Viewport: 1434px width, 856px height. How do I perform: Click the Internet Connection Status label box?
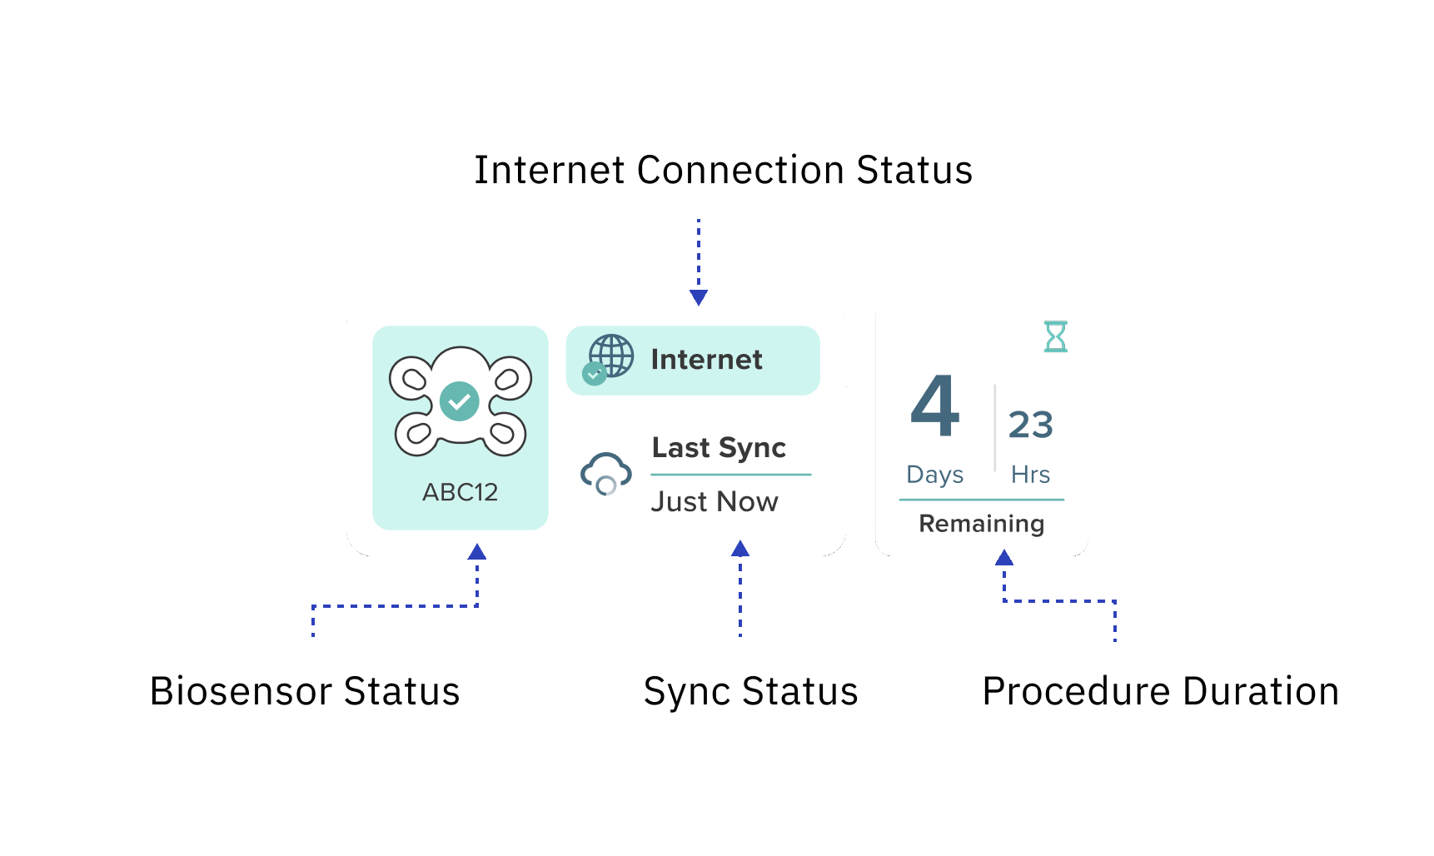[723, 167]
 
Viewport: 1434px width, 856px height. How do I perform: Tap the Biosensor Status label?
[305, 689]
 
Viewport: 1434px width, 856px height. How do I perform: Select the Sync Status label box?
[750, 689]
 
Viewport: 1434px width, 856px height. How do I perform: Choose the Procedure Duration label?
[1160, 689]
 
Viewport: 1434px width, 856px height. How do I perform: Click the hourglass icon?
[1055, 336]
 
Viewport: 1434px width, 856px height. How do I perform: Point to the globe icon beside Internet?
[612, 356]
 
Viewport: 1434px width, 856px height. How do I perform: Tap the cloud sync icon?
[605, 473]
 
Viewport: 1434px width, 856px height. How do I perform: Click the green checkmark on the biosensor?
[459, 401]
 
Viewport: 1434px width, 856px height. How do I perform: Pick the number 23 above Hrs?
[1030, 425]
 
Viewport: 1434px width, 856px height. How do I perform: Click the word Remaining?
[981, 524]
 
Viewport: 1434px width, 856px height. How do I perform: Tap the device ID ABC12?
[460, 492]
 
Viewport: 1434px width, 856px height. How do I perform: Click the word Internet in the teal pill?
[706, 360]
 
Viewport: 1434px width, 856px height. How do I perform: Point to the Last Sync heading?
[719, 447]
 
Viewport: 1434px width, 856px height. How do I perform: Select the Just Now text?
[715, 501]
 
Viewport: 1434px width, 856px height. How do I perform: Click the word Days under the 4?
[934, 475]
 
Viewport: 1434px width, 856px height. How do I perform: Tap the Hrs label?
[1030, 475]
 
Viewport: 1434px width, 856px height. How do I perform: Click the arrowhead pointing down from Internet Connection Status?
[699, 297]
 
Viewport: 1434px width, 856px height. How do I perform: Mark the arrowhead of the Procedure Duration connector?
[1004, 558]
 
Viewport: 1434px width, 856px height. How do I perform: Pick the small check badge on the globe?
[594, 375]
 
